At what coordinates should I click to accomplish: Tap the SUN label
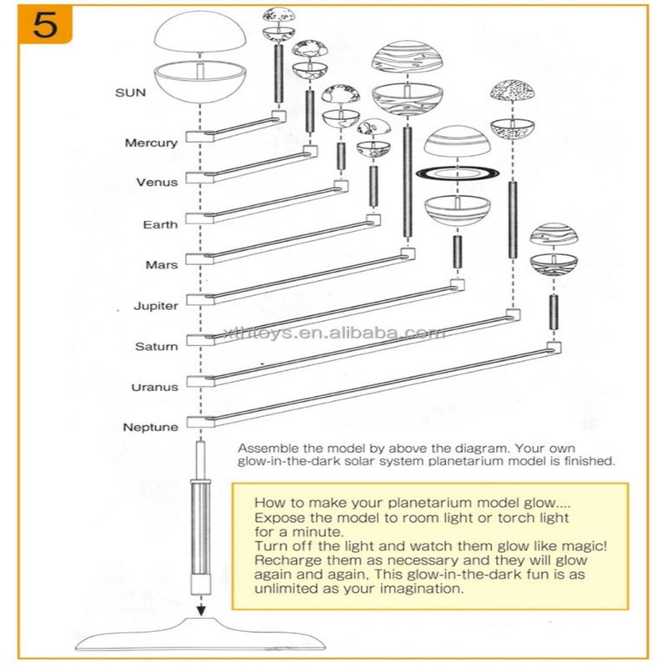point(131,92)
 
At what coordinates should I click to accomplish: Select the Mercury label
point(151,143)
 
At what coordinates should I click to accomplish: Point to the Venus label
point(157,182)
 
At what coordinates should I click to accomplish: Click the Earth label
point(160,224)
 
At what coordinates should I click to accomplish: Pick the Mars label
point(162,264)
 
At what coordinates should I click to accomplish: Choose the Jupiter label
point(156,305)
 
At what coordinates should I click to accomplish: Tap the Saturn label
point(156,346)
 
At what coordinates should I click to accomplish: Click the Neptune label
point(151,428)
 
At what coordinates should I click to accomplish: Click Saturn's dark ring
point(456,174)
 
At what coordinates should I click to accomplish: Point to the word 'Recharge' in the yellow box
point(282,559)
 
